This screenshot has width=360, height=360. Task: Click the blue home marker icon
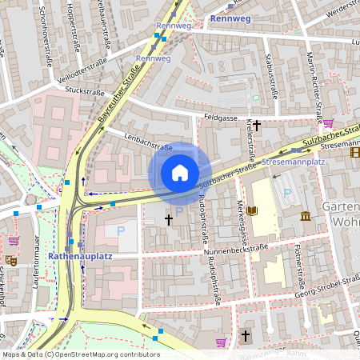[x=180, y=172]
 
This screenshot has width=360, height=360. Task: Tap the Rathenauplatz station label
[x=80, y=256]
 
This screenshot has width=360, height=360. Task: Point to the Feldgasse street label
[x=221, y=117]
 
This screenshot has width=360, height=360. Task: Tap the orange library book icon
[x=254, y=210]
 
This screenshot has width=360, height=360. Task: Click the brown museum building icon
[x=306, y=215]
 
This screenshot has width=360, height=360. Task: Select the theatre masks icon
[x=10, y=260]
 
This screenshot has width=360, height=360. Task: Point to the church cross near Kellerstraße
[x=257, y=126]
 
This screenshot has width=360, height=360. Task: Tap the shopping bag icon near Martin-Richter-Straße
[x=328, y=122]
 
